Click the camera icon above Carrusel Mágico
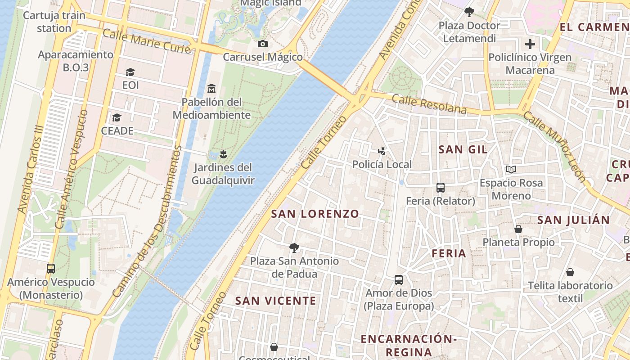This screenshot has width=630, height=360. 263,44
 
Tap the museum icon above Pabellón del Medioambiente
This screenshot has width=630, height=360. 211,88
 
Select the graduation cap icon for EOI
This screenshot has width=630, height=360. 130,72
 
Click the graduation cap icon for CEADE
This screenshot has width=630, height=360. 117,117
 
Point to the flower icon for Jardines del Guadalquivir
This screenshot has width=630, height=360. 223,154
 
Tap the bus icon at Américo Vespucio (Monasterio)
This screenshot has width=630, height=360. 51,269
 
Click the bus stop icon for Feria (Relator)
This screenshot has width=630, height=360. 441,188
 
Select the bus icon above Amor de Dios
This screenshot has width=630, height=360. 399,280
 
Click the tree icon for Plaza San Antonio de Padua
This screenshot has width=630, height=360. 294,247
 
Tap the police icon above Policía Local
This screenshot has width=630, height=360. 382,151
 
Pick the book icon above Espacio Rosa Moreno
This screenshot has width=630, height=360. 511,169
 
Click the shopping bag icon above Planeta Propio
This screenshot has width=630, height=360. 518,229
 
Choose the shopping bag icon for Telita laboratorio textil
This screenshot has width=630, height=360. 570,272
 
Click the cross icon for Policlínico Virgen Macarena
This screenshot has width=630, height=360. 530,44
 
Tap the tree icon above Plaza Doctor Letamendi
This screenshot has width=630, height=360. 469,12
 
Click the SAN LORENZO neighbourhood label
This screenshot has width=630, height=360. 315,214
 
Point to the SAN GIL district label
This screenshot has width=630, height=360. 463,150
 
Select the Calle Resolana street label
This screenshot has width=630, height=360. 429,104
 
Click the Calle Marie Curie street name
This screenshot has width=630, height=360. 147,41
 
